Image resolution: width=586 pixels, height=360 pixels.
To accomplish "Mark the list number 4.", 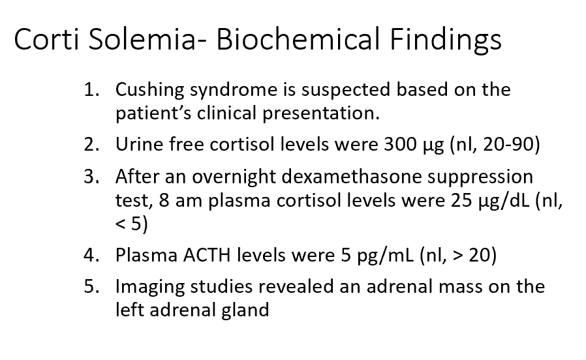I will coord(91,254).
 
